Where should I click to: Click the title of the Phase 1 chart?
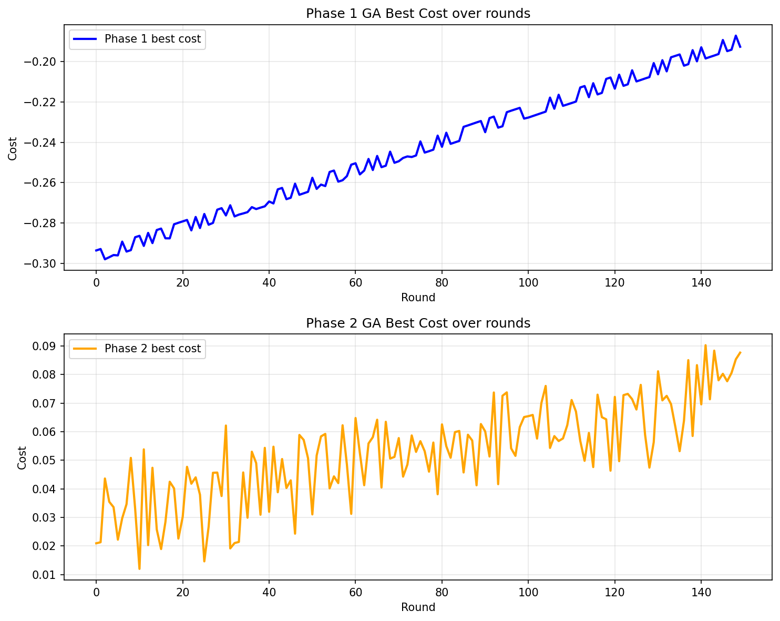click(x=418, y=14)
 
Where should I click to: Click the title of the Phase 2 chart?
click(x=418, y=323)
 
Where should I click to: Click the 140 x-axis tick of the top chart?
click(x=701, y=282)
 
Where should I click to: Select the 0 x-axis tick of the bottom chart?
click(x=96, y=592)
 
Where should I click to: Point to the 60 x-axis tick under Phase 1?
click(x=355, y=282)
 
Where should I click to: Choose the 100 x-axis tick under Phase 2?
click(x=528, y=592)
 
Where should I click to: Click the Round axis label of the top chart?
click(x=418, y=298)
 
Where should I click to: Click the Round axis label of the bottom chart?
click(x=418, y=607)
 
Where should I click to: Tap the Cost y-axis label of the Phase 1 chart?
click(x=13, y=148)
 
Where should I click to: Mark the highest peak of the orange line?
click(x=705, y=345)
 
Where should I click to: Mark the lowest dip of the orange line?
click(x=139, y=568)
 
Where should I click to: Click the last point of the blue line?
click(x=740, y=47)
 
